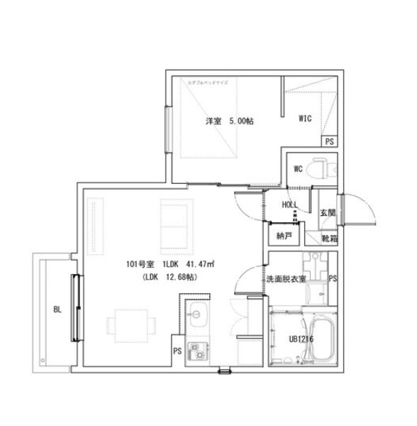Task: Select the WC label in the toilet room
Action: (299, 169)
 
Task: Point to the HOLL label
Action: (290, 204)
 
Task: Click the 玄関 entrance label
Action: (327, 212)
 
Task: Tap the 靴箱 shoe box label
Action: (329, 238)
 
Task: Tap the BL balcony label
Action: (57, 309)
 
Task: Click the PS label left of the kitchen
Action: (177, 350)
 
